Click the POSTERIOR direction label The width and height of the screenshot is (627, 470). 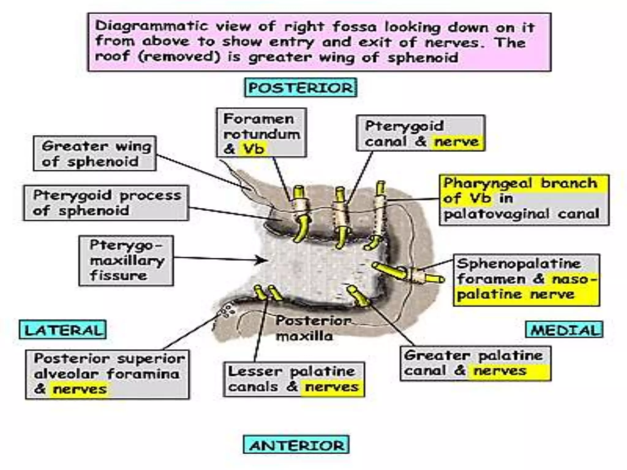[301, 88]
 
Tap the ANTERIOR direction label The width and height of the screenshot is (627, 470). [296, 445]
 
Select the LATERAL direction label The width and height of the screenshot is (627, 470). [63, 330]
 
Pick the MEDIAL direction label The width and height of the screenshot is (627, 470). [564, 330]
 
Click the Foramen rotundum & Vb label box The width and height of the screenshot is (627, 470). [261, 133]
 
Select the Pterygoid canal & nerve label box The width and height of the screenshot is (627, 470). [420, 133]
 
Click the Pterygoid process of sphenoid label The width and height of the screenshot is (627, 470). [106, 203]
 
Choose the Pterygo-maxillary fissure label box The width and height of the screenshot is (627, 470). [126, 261]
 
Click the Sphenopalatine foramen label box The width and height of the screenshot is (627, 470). [526, 280]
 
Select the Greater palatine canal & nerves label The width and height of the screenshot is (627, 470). [475, 364]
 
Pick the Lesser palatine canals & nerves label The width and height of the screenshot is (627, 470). [294, 379]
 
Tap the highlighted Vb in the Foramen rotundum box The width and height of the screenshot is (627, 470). [253, 149]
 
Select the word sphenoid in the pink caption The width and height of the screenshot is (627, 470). [423, 58]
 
